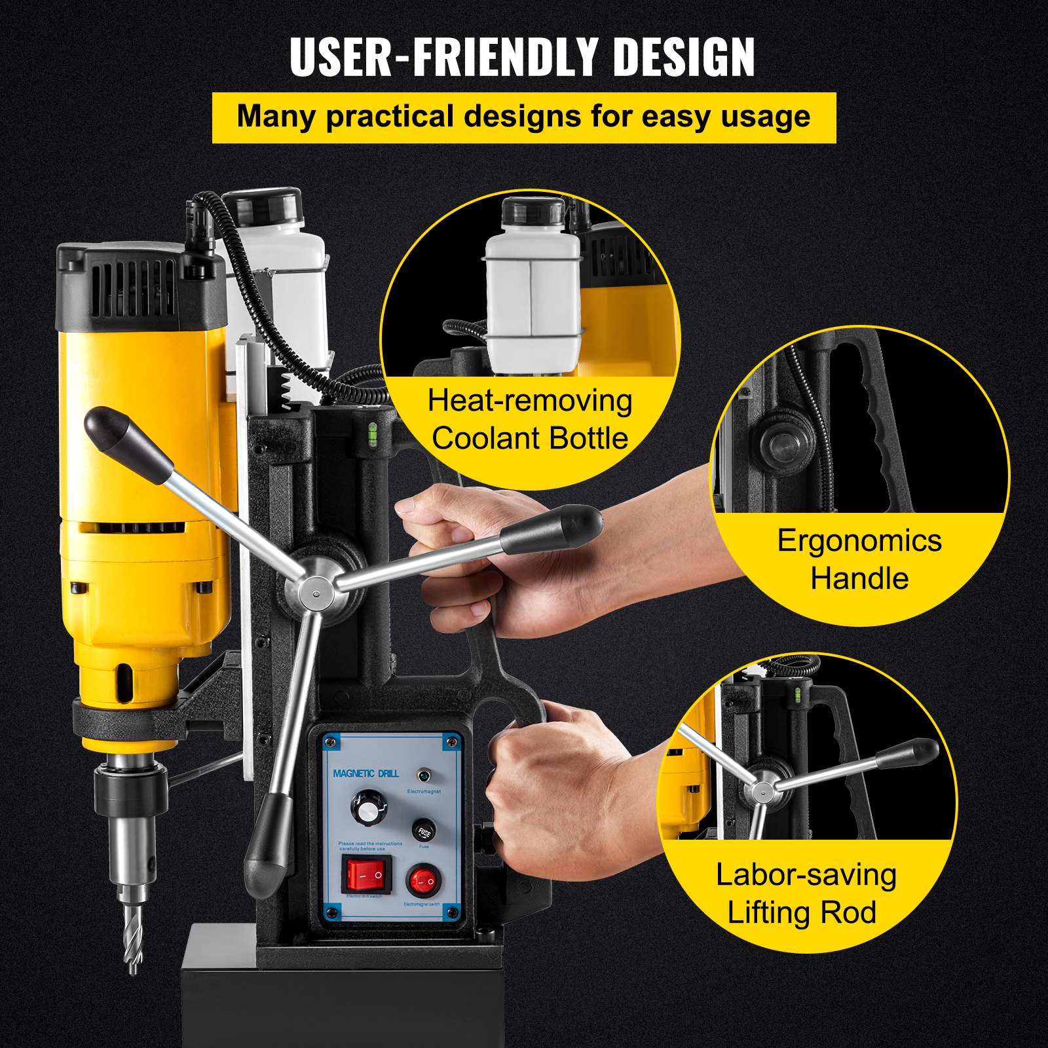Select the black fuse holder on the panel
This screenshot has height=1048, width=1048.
tap(424, 831)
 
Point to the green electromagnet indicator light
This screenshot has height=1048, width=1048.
tap(423, 777)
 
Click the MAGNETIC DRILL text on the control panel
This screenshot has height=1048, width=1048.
tap(365, 774)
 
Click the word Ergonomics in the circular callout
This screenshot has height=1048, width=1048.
tap(859, 541)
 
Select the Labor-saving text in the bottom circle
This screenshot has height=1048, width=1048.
tap(806, 875)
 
